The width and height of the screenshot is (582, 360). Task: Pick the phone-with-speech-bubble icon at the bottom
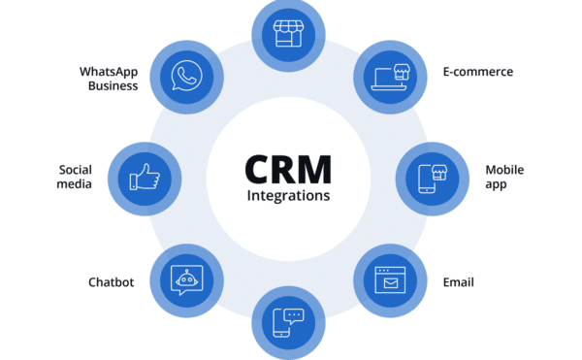click(x=288, y=321)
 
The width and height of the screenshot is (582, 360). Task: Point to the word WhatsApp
click(x=109, y=71)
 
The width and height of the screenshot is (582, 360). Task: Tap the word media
click(x=76, y=184)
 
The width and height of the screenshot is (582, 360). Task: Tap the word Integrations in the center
click(x=288, y=195)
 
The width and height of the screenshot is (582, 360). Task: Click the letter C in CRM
click(x=259, y=166)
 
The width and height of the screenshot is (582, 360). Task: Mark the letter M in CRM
click(x=317, y=166)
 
